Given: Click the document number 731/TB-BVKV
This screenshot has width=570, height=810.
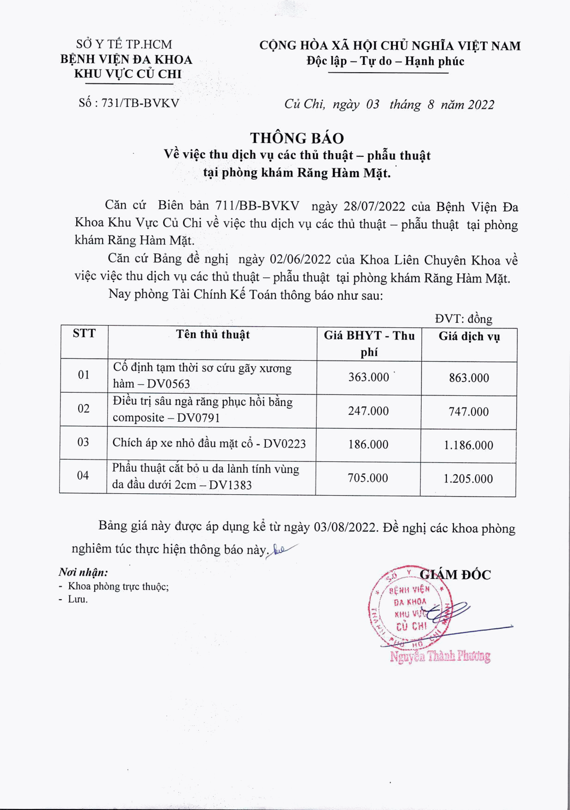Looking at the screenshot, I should (140, 103).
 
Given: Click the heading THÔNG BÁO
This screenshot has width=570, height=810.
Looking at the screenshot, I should (297, 138).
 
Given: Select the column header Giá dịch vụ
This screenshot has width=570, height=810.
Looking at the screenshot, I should (469, 336).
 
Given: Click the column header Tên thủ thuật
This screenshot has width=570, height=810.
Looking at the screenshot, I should (213, 334).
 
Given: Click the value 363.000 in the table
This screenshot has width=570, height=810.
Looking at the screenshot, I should (369, 377).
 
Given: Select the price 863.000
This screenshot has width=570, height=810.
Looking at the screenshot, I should (469, 378).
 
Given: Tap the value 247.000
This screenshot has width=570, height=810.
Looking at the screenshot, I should (368, 411).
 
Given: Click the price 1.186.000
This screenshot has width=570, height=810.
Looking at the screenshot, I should (468, 445).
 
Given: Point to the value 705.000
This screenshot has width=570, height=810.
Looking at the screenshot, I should (368, 478).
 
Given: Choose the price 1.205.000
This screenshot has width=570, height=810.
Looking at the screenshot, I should (468, 479).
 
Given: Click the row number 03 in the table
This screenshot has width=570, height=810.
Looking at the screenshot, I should (83, 442).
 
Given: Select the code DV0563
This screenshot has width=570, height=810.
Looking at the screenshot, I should (168, 384).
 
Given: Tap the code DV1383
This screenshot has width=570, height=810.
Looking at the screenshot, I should (230, 485).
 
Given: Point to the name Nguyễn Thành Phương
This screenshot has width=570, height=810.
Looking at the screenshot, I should (440, 657).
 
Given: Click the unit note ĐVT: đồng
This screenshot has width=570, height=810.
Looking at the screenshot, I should (463, 319).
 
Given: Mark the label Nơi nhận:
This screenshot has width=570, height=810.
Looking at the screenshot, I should (83, 572).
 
